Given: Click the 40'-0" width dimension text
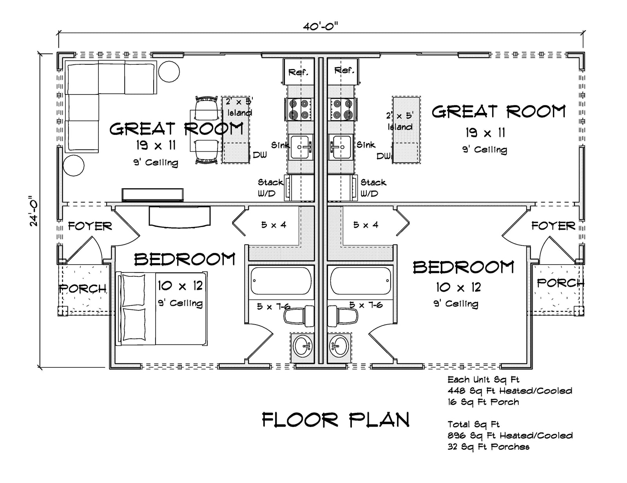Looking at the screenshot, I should (320, 27).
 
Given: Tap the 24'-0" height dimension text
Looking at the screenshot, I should (34, 211).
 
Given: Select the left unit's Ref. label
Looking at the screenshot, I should (298, 72).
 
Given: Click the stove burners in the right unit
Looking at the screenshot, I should (342, 109).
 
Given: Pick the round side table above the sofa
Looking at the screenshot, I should (169, 72).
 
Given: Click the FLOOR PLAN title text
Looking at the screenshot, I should (335, 420).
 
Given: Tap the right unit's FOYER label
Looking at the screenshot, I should (553, 226).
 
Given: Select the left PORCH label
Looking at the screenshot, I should (83, 289).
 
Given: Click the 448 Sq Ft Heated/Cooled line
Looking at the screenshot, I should (510, 391).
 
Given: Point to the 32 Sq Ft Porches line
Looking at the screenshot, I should (488, 447).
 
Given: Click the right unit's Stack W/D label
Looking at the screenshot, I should (373, 188).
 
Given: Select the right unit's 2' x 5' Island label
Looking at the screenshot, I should (400, 121).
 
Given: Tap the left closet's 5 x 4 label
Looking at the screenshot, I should (274, 225).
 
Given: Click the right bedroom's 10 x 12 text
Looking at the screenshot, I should (458, 287).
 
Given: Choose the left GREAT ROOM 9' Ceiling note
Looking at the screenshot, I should (156, 162).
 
